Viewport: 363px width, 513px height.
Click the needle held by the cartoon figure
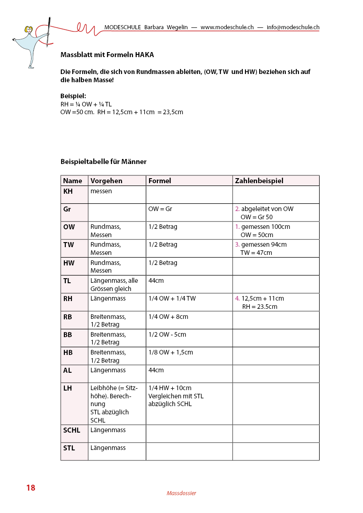click(x=48, y=32)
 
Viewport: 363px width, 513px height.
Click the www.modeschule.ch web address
click(x=227, y=27)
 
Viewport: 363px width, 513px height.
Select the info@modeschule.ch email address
click(x=293, y=27)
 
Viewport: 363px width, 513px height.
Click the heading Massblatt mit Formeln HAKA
click(x=107, y=55)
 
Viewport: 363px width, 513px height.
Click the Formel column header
click(x=160, y=181)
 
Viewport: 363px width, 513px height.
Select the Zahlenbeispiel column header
click(x=259, y=181)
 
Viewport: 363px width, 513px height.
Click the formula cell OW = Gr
click(x=160, y=209)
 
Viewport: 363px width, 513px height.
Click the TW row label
click(x=69, y=245)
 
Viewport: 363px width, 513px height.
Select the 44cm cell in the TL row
click(x=156, y=280)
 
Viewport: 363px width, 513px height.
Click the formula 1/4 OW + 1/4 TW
click(x=172, y=298)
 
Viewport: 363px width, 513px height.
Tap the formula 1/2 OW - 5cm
click(x=167, y=334)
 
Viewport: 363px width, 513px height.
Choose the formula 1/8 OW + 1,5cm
click(x=171, y=352)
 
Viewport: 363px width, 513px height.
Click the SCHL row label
click(x=71, y=430)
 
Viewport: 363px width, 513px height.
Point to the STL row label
click(x=69, y=448)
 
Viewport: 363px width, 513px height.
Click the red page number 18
click(x=31, y=488)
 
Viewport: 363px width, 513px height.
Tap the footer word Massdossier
click(x=181, y=493)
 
